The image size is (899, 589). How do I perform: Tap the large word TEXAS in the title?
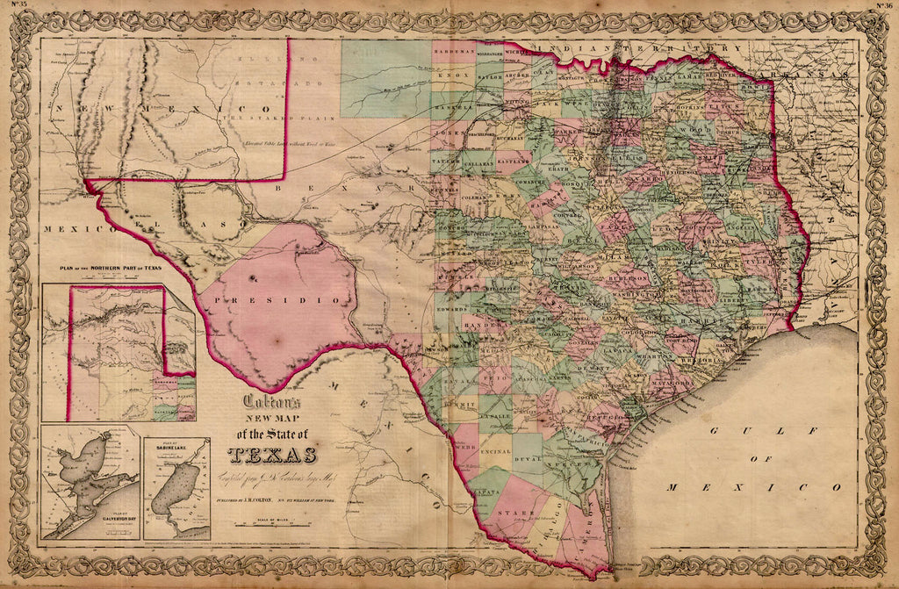point(272,455)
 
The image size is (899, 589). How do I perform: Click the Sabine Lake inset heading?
point(176,446)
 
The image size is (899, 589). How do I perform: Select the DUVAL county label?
point(527,458)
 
